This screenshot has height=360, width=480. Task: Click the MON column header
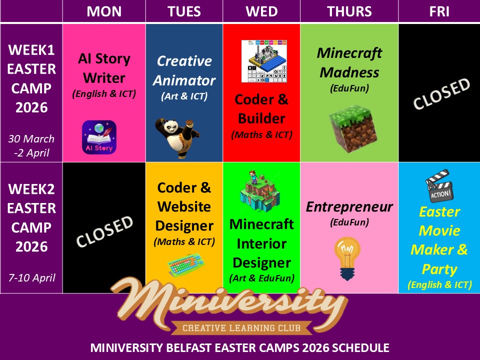(104, 11)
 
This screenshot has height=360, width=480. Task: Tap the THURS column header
(349, 11)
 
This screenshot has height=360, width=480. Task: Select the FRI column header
(439, 11)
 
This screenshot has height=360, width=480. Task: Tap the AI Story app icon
(99, 137)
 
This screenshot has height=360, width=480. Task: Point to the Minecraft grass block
(353, 129)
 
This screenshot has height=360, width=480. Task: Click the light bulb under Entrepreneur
(347, 258)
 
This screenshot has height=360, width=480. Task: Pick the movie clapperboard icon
(439, 186)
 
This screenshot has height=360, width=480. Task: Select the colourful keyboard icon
(186, 264)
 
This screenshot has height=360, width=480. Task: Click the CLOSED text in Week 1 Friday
(441, 93)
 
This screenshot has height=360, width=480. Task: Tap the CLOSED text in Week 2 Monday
(104, 231)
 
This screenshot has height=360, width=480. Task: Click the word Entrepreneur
(349, 207)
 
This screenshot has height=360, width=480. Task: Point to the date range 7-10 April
(32, 277)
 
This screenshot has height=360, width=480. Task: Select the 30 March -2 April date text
(31, 145)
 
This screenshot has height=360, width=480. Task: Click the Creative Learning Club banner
(241, 328)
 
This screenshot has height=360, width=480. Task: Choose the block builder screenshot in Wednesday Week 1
(264, 61)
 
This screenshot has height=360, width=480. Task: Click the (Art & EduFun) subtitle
(261, 278)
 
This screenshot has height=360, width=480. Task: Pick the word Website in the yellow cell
(184, 206)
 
